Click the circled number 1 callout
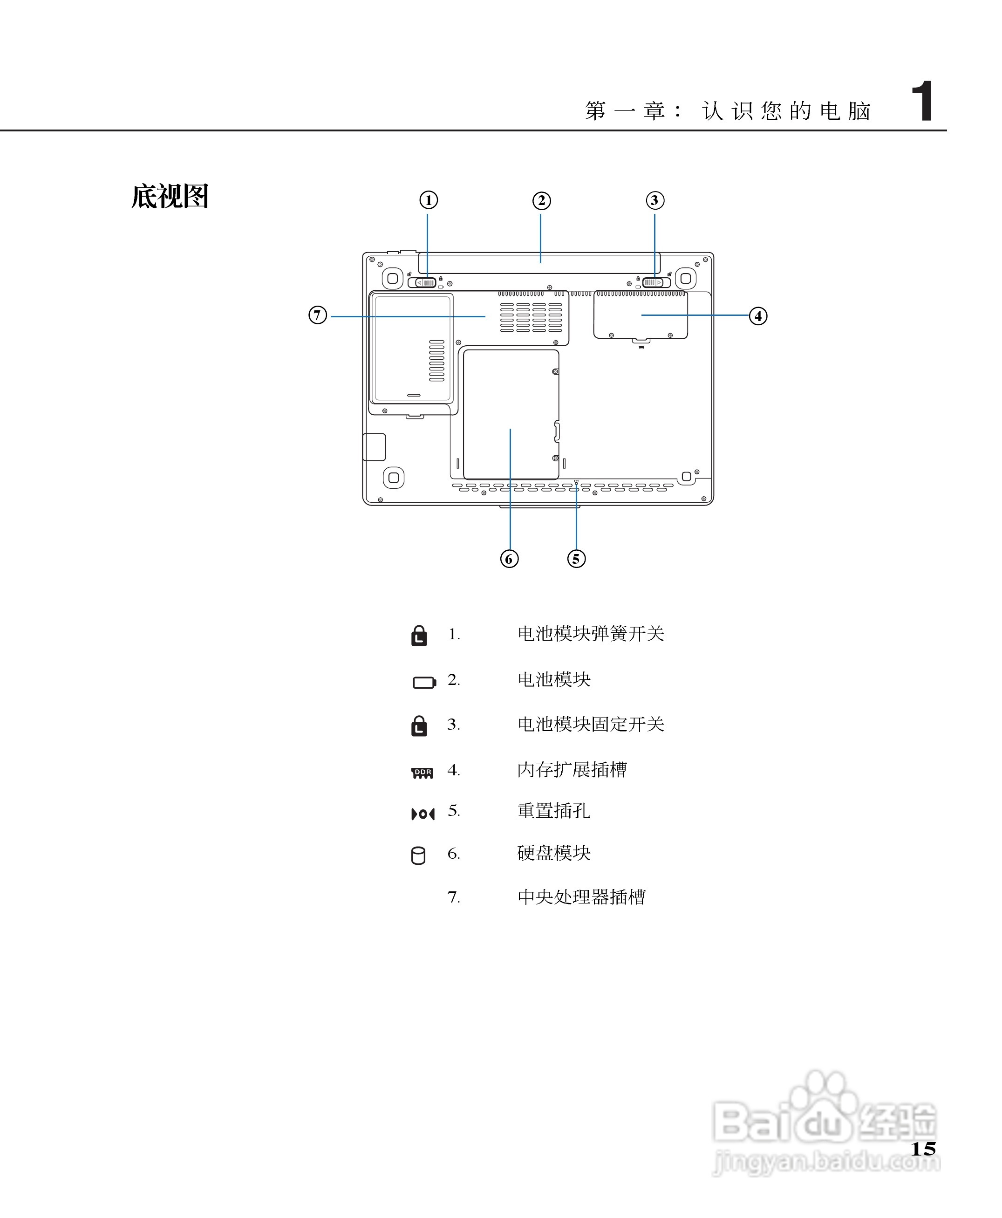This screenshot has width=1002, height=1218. click(x=428, y=200)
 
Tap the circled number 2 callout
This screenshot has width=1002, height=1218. click(x=541, y=201)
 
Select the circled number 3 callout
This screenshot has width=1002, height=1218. click(x=654, y=200)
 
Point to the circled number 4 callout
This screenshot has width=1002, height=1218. click(x=758, y=316)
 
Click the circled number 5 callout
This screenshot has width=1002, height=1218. click(x=576, y=559)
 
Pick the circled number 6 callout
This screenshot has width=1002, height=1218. click(x=509, y=559)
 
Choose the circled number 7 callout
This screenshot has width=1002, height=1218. click(x=317, y=315)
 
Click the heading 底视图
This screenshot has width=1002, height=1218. click(x=170, y=197)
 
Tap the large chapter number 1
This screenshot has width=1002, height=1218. click(x=922, y=102)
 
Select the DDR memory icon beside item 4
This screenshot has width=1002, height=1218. click(x=423, y=773)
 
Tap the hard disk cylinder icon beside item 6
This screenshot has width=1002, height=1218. click(x=418, y=855)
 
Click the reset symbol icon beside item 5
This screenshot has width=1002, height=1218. click(x=423, y=814)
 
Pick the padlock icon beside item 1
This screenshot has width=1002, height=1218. click(x=419, y=636)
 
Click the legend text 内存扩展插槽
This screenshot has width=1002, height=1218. click(x=572, y=769)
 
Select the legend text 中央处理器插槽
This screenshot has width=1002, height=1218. click(x=581, y=896)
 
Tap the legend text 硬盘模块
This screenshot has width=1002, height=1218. click(x=553, y=853)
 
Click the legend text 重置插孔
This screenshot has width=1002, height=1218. click(x=553, y=811)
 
